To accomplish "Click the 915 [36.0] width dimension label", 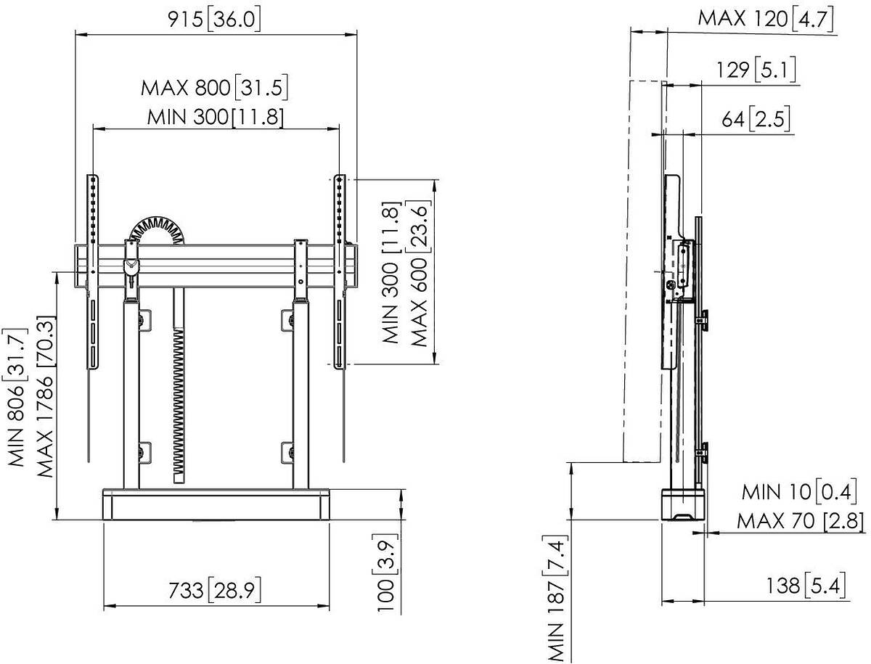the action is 214,20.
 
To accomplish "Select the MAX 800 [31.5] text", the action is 214,88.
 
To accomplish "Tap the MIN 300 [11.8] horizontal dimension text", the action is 216,118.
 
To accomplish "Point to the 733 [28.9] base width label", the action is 215,590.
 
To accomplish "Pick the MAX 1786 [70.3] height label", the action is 45,397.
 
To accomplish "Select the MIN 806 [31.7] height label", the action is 17,398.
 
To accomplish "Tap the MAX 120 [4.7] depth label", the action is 766,19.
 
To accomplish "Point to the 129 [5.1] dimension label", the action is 756,70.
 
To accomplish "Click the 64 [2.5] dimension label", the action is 756,119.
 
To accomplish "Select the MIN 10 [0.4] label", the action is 799,492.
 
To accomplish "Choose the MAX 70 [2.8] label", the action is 801,521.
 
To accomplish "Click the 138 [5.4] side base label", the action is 806,586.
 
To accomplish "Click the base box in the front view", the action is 216,504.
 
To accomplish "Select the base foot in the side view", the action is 683,505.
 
